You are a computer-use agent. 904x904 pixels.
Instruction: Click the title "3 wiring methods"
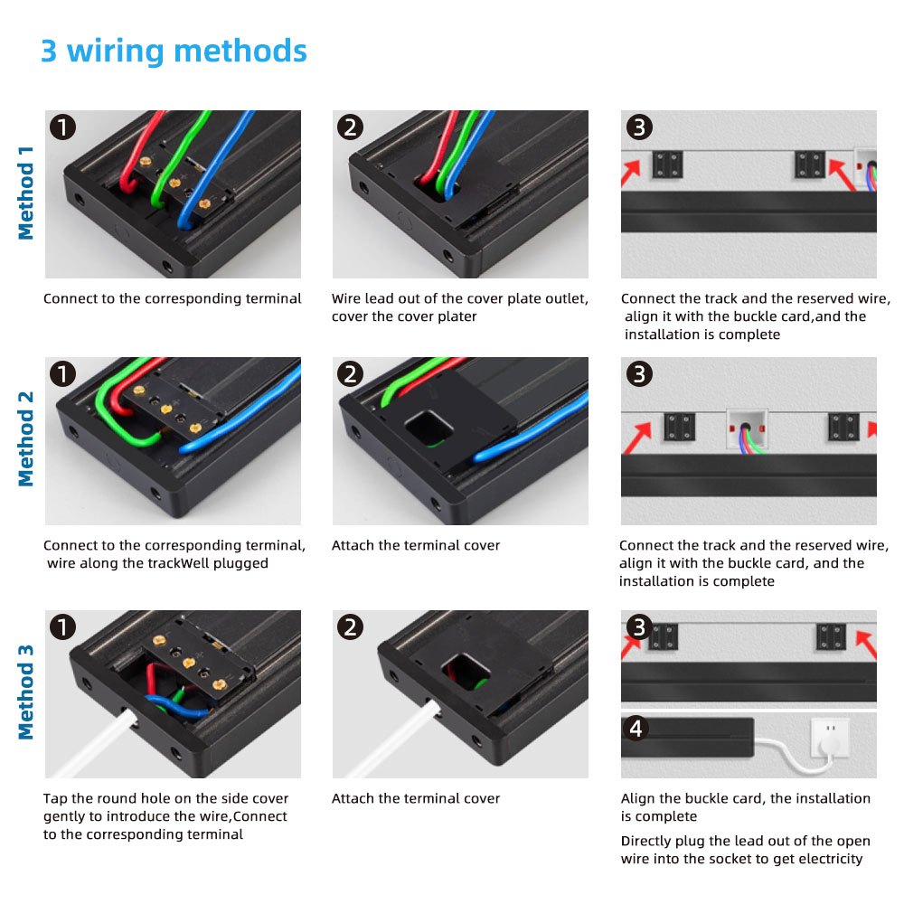[x=174, y=52]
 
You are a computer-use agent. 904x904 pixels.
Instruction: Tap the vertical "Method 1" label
[x=26, y=193]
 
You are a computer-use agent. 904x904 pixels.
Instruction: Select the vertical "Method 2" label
[x=26, y=439]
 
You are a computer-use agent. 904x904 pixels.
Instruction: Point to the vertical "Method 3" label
[x=26, y=692]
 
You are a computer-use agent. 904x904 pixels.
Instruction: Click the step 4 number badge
[x=636, y=728]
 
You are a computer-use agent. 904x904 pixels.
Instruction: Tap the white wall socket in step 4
[x=830, y=737]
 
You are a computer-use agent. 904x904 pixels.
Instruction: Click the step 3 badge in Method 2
[x=639, y=373]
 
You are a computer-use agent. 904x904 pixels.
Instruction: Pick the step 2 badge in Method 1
[x=350, y=127]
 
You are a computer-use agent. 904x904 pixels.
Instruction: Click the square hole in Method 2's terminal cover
[x=428, y=428]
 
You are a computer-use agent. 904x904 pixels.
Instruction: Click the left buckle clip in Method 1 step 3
[x=668, y=165]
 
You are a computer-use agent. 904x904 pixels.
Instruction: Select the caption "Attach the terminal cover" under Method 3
[x=416, y=798]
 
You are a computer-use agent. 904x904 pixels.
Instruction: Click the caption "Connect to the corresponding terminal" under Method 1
[x=173, y=298]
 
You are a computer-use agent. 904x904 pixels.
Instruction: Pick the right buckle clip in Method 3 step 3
[x=831, y=637]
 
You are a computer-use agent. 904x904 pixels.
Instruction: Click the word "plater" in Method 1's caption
[x=457, y=316]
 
